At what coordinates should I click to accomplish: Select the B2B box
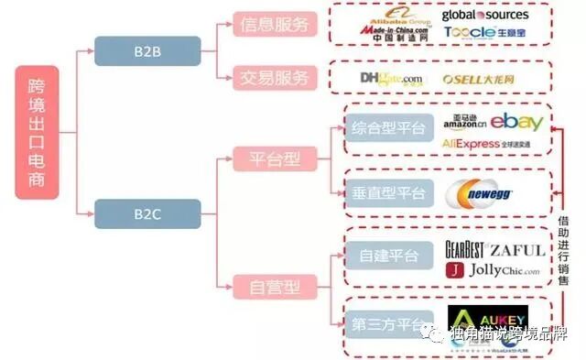click(147, 50)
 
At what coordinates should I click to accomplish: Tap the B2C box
click(147, 216)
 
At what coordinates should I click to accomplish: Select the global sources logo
click(484, 14)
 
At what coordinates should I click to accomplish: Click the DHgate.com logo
click(392, 79)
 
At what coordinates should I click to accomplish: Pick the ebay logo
click(523, 121)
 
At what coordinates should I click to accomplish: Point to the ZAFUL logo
click(516, 249)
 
